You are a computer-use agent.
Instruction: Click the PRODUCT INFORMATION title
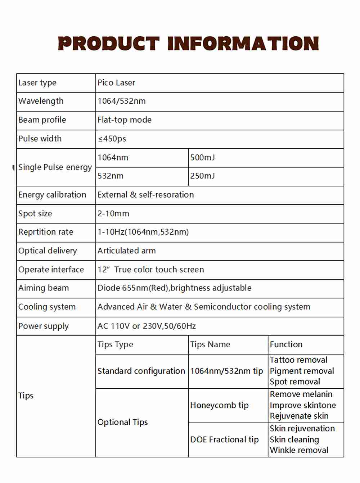tap(188, 44)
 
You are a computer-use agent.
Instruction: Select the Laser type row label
tap(37, 83)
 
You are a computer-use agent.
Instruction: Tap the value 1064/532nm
tap(121, 101)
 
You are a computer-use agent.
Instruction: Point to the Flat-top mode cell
tap(124, 120)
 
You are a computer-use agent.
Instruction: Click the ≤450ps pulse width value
tap(112, 139)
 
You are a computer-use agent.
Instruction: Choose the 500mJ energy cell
tap(202, 158)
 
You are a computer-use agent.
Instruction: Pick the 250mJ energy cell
tap(202, 176)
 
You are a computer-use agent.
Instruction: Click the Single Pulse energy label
tap(55, 167)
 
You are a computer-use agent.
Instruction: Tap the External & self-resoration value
tap(145, 195)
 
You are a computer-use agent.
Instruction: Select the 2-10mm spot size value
tap(113, 213)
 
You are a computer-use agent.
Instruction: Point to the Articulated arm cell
tap(126, 251)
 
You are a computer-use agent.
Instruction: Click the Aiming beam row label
tap(44, 288)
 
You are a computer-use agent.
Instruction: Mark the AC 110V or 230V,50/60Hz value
tap(147, 326)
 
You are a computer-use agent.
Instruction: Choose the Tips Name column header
tap(210, 344)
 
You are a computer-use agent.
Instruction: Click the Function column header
tap(286, 344)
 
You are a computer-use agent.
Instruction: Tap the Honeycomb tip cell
tap(219, 405)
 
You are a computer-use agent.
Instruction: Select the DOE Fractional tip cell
tap(224, 439)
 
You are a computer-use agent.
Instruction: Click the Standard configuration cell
tap(141, 371)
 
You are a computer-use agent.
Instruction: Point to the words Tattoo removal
tap(298, 360)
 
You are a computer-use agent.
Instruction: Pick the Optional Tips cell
tap(122, 422)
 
